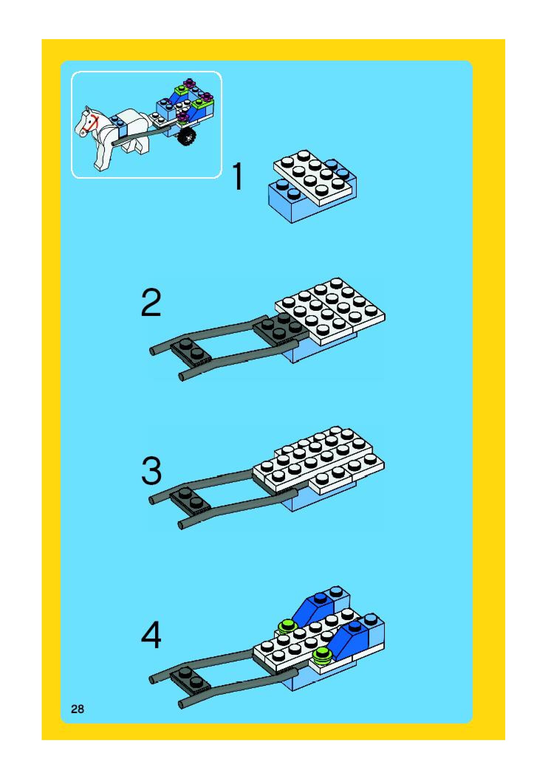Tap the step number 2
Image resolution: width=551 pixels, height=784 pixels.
151,303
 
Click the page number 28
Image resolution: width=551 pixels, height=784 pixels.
78,709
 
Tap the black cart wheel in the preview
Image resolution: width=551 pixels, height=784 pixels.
187,138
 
